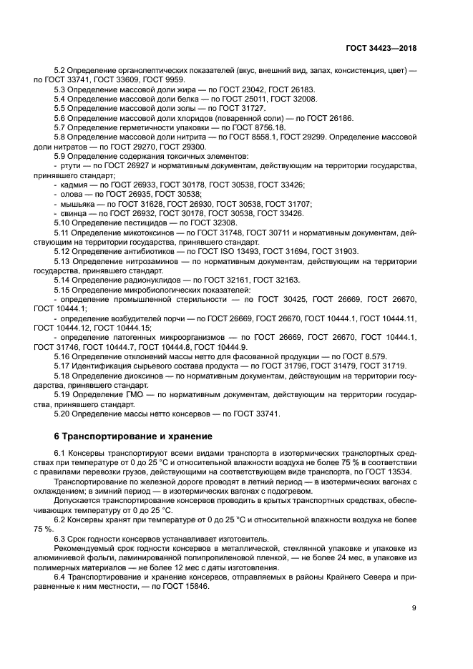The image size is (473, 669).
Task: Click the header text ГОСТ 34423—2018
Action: [379, 48]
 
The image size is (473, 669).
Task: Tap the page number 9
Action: [414, 608]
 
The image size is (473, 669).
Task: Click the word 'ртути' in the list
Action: [71, 165]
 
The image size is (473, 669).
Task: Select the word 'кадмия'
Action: [74, 184]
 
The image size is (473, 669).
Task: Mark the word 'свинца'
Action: [74, 213]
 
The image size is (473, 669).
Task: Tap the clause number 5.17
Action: [63, 366]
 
